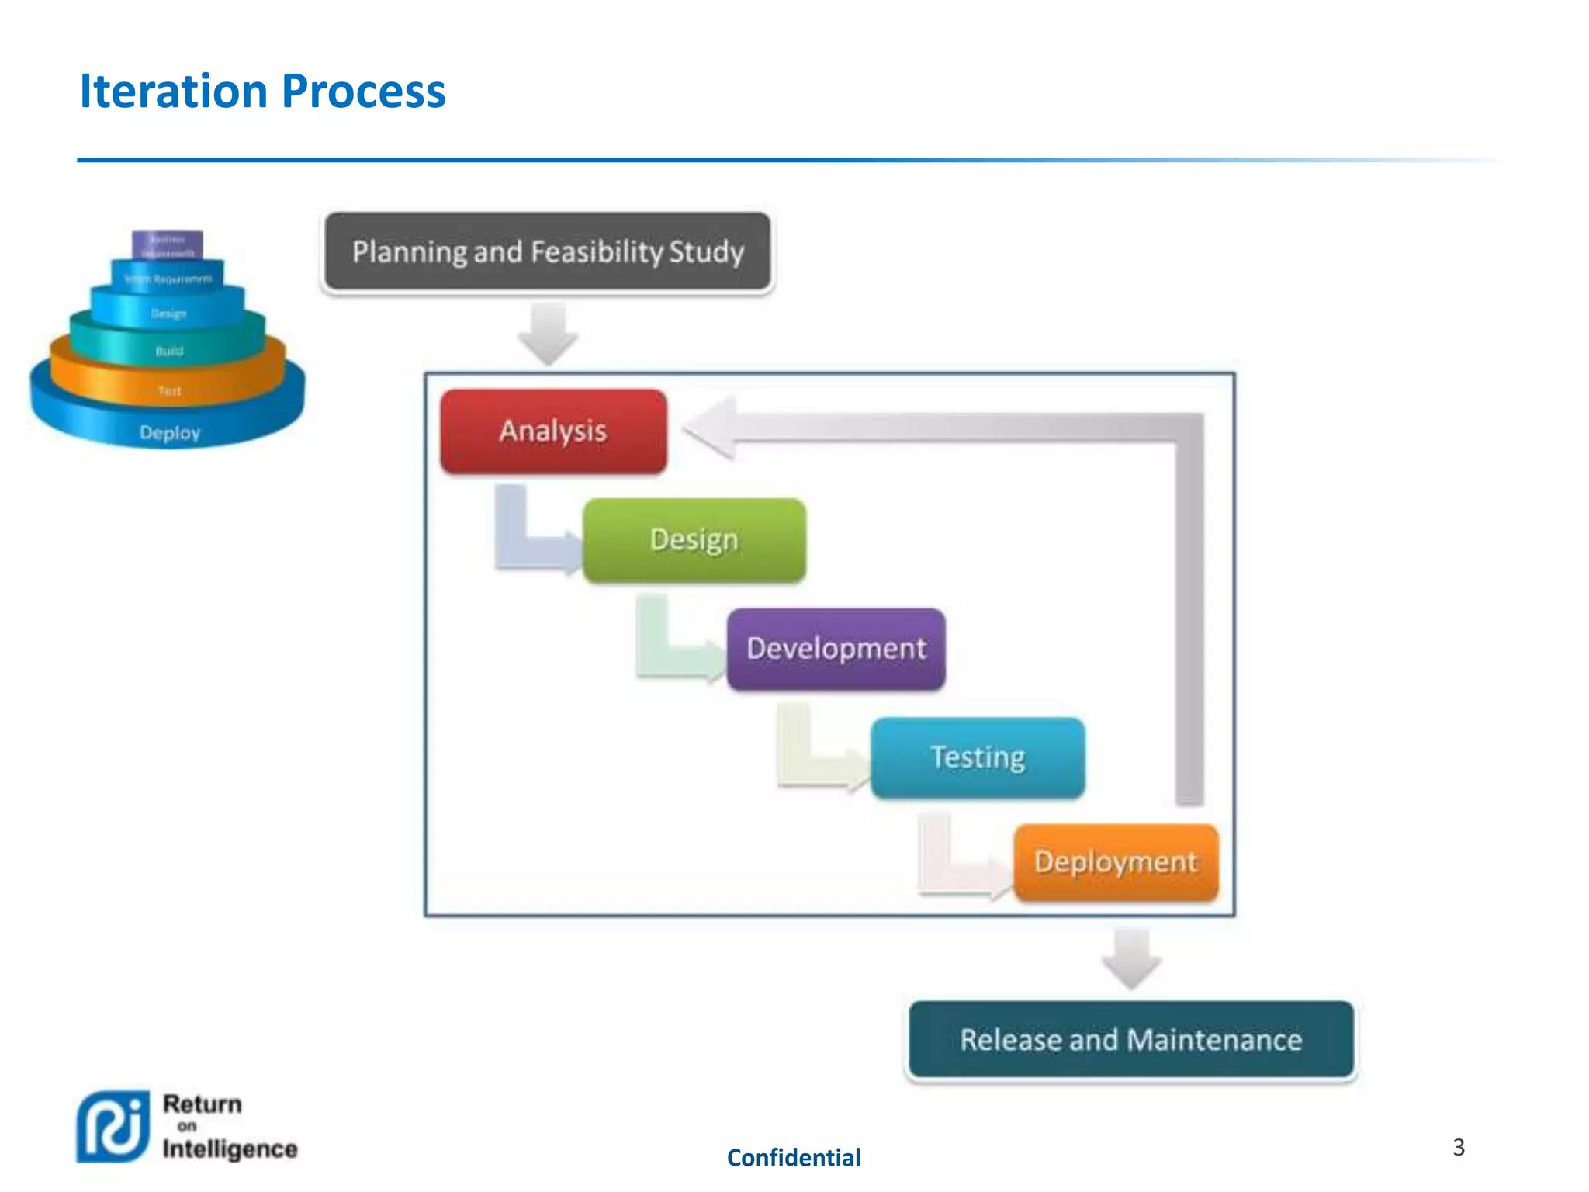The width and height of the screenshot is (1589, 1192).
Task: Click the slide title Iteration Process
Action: (262, 92)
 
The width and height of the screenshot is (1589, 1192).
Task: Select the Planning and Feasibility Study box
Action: (548, 251)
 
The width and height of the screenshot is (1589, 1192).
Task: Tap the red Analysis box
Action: (553, 431)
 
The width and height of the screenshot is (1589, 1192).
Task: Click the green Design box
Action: (694, 540)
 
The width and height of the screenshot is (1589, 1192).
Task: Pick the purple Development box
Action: (836, 649)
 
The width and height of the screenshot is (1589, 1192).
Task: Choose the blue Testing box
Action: (978, 757)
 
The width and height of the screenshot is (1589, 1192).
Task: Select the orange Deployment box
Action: (1116, 862)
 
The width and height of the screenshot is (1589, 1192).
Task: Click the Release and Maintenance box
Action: (1130, 1039)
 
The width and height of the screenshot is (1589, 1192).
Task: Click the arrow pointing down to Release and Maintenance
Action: (1131, 958)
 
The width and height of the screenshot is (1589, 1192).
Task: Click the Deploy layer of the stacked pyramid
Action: (169, 432)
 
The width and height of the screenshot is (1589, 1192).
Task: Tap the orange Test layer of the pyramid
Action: (169, 390)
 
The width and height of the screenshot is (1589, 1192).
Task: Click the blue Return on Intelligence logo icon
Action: (113, 1126)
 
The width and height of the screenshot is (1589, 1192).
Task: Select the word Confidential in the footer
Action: (793, 1158)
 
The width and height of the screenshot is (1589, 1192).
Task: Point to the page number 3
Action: (1459, 1147)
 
